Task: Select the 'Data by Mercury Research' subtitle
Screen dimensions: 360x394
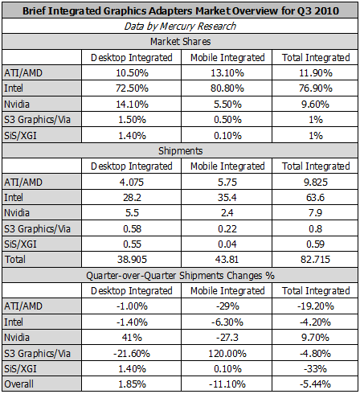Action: point(180,27)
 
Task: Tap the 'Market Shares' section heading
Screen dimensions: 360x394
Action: point(180,42)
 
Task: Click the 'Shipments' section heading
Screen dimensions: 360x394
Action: point(180,151)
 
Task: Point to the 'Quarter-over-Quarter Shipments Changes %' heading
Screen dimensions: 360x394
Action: point(180,276)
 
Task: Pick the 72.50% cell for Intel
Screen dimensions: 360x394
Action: point(132,88)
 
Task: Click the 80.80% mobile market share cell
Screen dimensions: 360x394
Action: point(227,88)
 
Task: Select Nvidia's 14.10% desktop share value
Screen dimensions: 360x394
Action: point(132,104)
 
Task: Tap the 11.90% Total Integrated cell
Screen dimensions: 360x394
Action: point(316,73)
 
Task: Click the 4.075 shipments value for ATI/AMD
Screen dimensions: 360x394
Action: point(132,183)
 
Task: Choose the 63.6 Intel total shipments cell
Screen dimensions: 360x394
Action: point(315,198)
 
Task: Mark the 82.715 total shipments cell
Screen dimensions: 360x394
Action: point(315,260)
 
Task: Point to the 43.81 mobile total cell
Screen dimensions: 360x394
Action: point(227,260)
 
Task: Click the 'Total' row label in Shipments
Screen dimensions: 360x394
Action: point(15,260)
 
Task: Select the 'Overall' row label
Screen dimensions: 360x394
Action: point(19,384)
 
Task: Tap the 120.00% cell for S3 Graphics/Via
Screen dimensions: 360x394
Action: point(227,354)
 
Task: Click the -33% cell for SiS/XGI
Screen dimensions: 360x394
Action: point(315,369)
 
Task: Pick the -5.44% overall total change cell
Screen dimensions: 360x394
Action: point(315,384)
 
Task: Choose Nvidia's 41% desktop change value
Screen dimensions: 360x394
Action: point(132,337)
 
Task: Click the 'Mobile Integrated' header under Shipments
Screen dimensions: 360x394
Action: point(227,166)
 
